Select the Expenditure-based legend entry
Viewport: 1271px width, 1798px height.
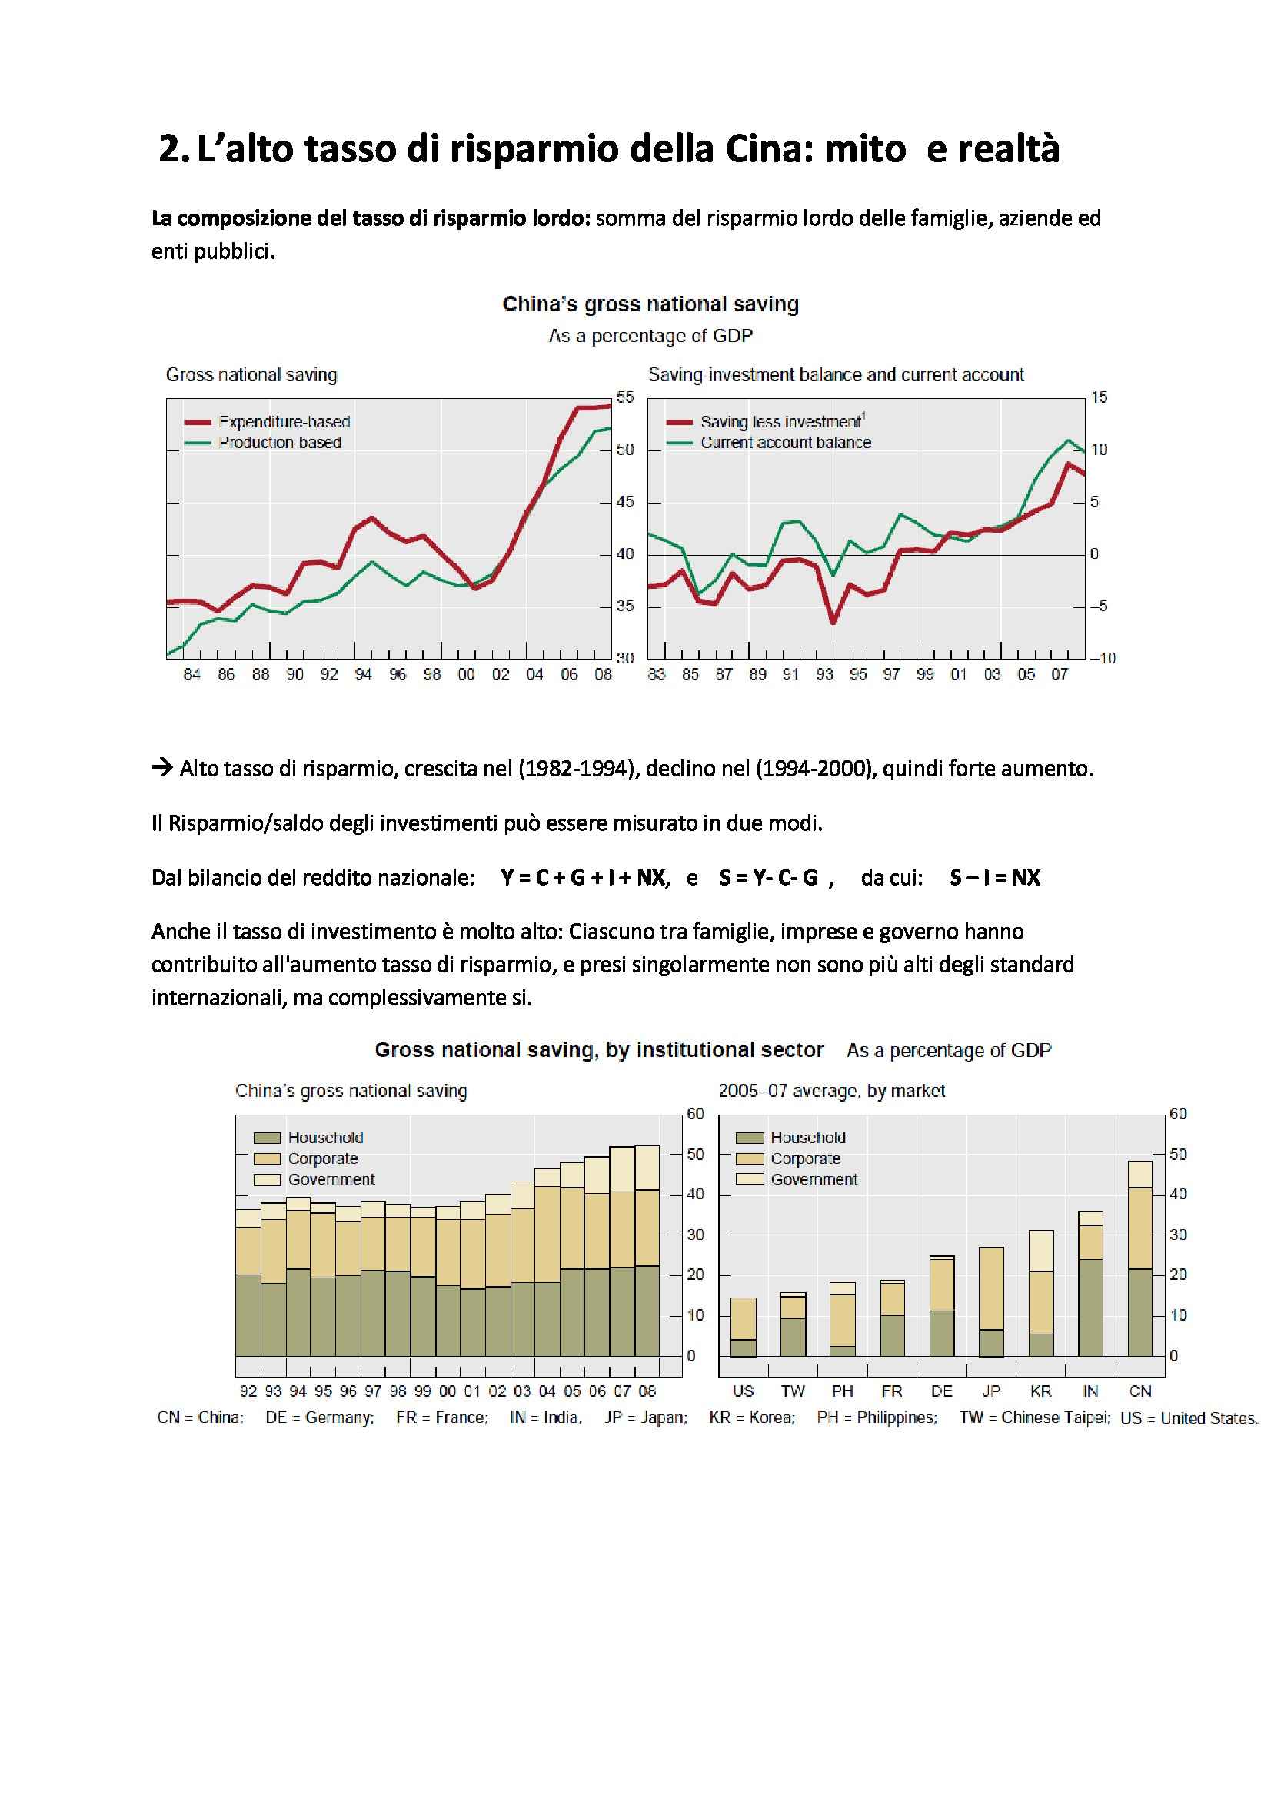point(284,422)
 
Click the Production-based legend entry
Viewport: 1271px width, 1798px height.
point(280,443)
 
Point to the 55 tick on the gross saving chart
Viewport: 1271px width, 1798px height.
point(625,398)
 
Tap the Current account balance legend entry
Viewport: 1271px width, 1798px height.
point(785,443)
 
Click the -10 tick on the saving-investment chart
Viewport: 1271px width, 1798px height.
point(1103,659)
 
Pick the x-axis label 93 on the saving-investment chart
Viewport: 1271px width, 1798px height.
point(824,674)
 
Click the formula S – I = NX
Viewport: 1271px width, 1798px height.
point(994,878)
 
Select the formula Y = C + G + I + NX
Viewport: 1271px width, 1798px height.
point(585,878)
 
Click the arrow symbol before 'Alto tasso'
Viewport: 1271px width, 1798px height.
point(162,767)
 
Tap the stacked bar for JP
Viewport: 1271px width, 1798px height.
point(991,1301)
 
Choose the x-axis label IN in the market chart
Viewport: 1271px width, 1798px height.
point(1090,1391)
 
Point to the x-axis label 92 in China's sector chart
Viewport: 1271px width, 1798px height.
point(248,1391)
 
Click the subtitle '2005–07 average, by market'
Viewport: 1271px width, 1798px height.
point(832,1091)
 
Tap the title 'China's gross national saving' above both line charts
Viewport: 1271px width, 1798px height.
point(650,304)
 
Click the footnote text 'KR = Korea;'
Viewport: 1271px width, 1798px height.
point(752,1417)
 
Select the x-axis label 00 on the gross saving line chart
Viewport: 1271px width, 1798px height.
point(466,674)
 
